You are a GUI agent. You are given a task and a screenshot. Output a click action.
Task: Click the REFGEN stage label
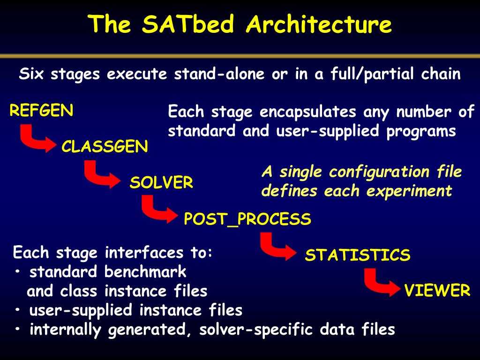pos(41,110)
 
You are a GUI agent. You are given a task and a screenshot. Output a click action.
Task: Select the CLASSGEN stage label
pos(105,146)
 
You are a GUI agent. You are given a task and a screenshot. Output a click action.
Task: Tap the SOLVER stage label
pos(161,182)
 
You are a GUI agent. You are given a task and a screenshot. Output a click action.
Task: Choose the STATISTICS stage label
pos(358,255)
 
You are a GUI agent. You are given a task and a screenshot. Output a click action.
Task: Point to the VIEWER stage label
pos(437,291)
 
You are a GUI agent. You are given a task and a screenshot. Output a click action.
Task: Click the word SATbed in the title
pos(188,24)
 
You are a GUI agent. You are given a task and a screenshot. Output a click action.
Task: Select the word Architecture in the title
pos(319,24)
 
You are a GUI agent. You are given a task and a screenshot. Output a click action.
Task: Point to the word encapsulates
pos(308,112)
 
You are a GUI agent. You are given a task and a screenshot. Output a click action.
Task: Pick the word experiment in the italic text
pos(409,191)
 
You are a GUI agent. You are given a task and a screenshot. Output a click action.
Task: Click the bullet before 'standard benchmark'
pos(18,271)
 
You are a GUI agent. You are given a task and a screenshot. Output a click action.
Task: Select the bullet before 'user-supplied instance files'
pos(18,310)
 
